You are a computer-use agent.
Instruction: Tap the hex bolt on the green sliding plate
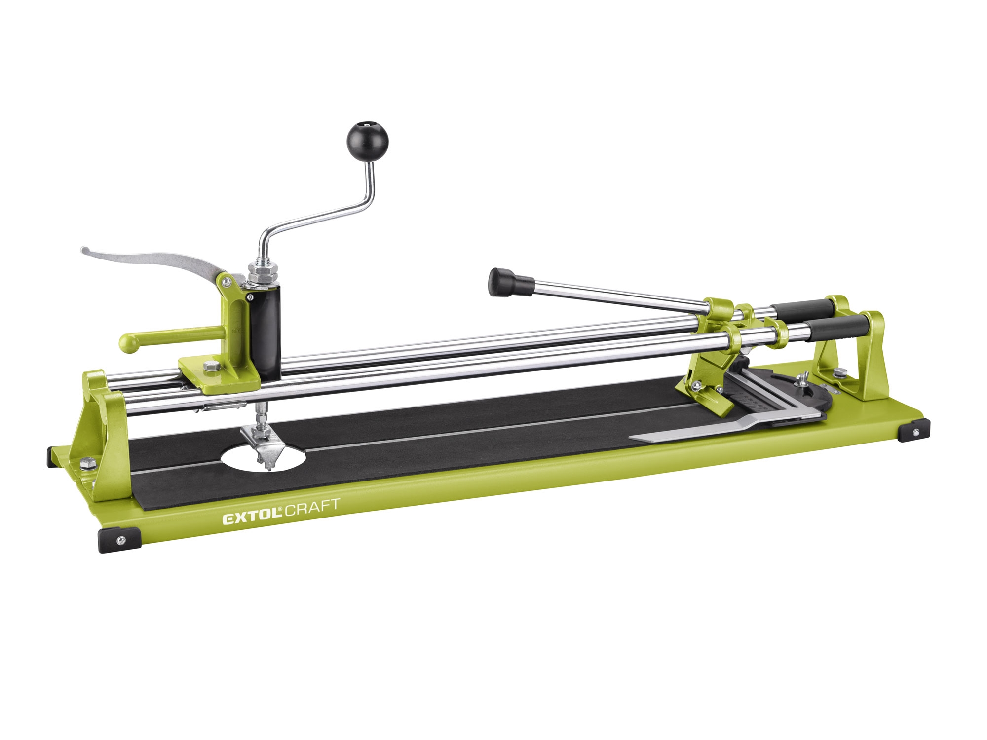coord(211,366)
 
